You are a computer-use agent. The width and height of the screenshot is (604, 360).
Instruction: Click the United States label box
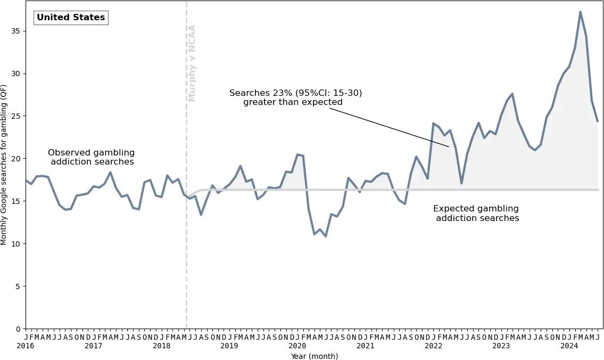[71, 18]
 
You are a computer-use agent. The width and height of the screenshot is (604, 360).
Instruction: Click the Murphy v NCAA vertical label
[192, 63]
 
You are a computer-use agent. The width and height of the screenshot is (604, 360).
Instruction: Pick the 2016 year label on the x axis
[26, 346]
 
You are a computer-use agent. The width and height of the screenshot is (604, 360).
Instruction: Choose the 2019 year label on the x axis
[229, 346]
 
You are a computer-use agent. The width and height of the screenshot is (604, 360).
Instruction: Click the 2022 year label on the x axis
[433, 346]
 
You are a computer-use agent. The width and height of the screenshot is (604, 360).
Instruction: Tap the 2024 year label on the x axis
[569, 346]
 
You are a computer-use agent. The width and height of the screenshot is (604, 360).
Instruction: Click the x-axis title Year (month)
[314, 356]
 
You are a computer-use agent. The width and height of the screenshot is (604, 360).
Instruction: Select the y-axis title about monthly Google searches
[4, 165]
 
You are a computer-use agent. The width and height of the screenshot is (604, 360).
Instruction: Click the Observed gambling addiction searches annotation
[92, 157]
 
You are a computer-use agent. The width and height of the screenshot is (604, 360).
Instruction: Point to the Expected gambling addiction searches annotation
[476, 213]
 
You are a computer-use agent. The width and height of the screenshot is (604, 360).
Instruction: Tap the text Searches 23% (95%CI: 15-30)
[295, 93]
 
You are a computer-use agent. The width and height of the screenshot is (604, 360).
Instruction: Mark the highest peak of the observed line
[580, 12]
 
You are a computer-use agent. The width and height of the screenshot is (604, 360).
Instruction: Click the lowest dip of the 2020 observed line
[326, 236]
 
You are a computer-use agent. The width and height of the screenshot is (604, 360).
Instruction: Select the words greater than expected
[293, 102]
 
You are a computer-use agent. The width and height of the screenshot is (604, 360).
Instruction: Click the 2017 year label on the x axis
[94, 346]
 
